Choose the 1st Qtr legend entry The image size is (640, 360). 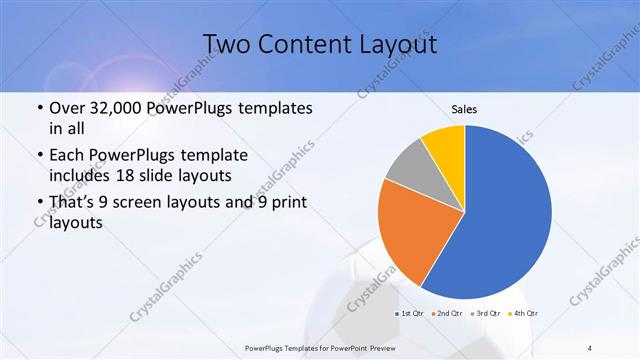click(411, 314)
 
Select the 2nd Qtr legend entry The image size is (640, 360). click(446, 314)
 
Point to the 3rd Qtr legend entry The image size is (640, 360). click(487, 314)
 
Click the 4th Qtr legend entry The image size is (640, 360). click(524, 314)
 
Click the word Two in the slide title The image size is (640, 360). click(229, 44)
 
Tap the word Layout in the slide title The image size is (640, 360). click(399, 44)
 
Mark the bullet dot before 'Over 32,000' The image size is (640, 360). click(38, 108)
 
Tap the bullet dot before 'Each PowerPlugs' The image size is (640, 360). click(38, 156)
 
